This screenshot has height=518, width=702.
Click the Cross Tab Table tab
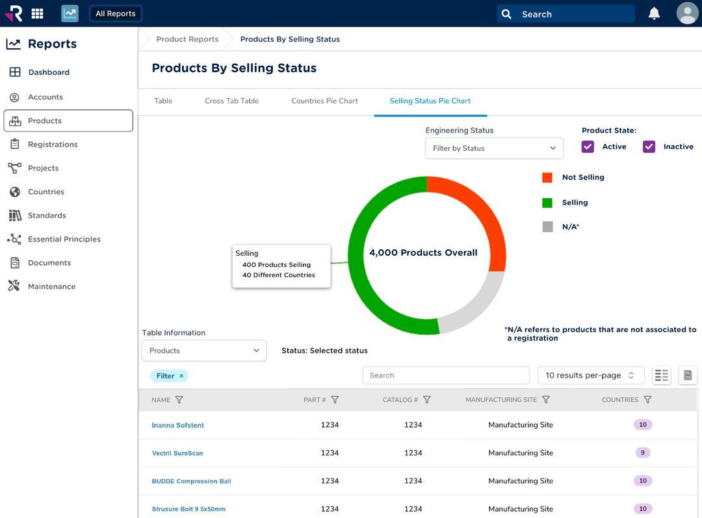pos(231,101)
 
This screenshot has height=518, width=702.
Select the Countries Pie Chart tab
pos(324,101)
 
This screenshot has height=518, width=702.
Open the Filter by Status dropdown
pos(494,148)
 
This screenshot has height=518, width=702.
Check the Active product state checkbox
pos(588,147)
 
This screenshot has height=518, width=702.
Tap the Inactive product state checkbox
pos(649,147)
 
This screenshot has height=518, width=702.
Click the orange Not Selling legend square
pos(547,178)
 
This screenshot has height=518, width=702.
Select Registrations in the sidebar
pos(53,144)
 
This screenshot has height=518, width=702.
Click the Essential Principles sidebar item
pos(64,239)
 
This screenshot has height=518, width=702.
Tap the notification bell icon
pos(654,14)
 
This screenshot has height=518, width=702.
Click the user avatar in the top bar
pos(687,14)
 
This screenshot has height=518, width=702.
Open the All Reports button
pos(116,14)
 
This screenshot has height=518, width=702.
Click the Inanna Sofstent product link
pos(178,426)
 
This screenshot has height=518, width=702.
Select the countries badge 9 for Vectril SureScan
pos(642,453)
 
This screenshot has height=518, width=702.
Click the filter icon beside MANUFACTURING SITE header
pos(546,400)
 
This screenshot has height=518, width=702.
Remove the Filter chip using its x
pos(181,376)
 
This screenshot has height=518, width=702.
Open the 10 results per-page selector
pos(590,375)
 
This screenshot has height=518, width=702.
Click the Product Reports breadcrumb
pos(187,39)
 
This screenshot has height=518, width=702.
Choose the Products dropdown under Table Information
pos(203,351)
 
